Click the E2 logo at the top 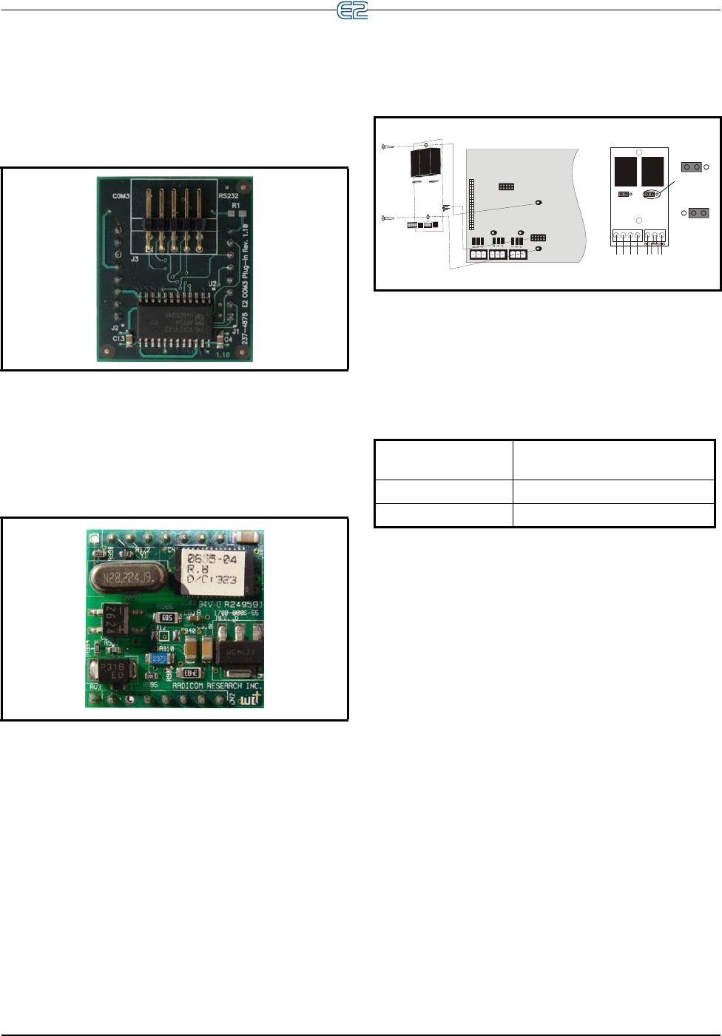(352, 10)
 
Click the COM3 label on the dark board (121, 196)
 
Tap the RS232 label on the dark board (229, 196)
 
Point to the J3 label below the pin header (135, 260)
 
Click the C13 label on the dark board (118, 338)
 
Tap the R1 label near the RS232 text (236, 206)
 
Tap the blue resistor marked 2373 (158, 659)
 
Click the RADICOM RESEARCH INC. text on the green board (217, 686)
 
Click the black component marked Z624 (111, 617)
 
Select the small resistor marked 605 (166, 618)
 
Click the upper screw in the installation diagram (388, 147)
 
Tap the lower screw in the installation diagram (388, 218)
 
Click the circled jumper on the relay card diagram (651, 195)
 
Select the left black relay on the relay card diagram (625, 171)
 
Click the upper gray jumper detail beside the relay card (692, 167)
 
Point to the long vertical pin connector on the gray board (471, 203)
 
